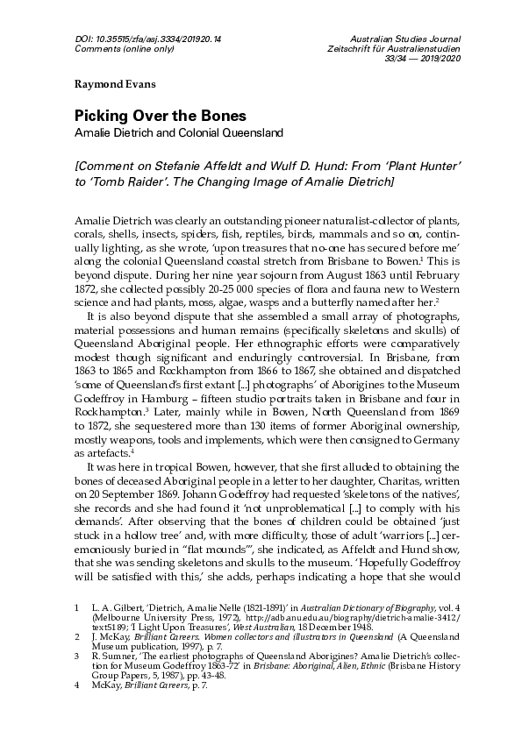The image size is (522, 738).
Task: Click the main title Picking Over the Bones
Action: click(x=159, y=117)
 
